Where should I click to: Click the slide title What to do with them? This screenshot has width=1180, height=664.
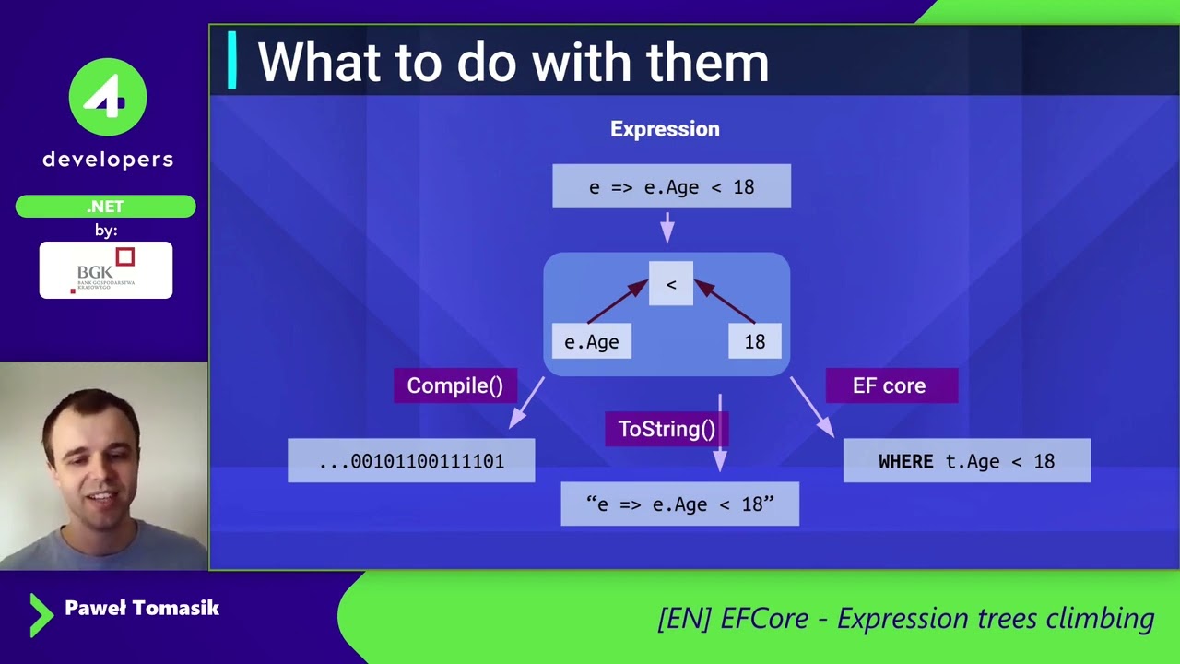[513, 63]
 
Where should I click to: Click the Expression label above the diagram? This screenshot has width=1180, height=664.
[665, 129]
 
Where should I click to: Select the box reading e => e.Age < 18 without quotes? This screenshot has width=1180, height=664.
[671, 187]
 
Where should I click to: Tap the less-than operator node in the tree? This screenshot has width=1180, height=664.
[671, 284]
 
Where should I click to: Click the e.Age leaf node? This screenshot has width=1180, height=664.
[591, 342]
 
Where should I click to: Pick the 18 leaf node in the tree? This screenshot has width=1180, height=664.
[755, 342]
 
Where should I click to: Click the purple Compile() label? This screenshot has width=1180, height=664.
[454, 385]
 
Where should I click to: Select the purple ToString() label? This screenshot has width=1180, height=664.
[666, 429]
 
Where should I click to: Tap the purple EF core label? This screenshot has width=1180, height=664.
[891, 385]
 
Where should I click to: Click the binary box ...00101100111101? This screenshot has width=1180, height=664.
[411, 461]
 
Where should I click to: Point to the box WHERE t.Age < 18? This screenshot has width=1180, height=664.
[966, 461]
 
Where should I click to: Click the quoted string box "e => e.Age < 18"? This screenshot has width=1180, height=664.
[679, 504]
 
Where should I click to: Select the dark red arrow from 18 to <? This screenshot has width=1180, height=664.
[726, 302]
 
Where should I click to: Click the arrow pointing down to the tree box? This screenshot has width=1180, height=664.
[667, 228]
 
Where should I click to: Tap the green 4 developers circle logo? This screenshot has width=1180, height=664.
[108, 97]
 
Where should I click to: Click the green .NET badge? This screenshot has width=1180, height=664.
[105, 207]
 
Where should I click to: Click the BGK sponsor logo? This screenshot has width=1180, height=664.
[105, 270]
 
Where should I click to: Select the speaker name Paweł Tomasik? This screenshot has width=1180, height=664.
[141, 608]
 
